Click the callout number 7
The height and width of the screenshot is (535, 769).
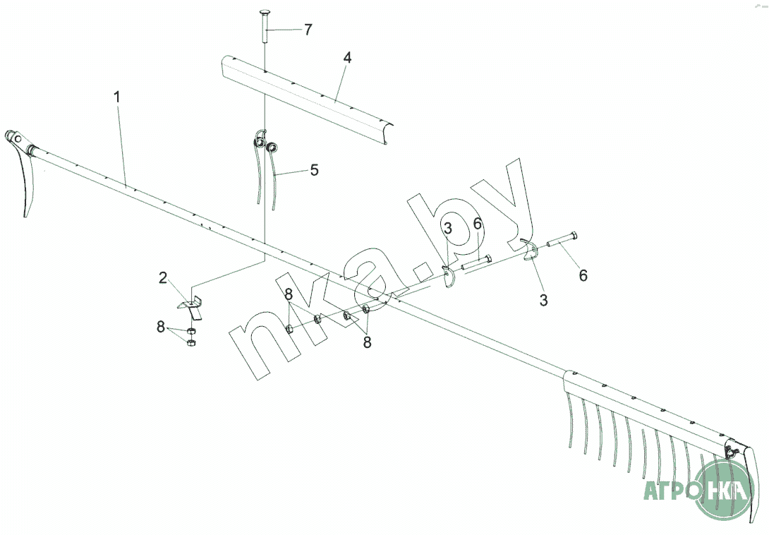[x=308, y=30]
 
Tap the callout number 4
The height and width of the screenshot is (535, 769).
[x=347, y=58]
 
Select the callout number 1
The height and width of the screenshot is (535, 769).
[x=116, y=97]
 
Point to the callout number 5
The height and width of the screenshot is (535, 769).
[x=314, y=170]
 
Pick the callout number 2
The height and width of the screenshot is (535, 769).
[x=163, y=278]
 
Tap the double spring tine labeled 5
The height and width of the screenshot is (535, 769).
[x=265, y=167]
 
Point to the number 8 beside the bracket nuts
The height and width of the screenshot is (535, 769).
[x=161, y=327]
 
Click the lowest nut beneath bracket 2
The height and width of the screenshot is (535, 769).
[x=191, y=342]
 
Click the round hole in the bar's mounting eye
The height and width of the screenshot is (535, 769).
[x=18, y=139]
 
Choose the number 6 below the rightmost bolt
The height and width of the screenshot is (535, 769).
[x=583, y=275]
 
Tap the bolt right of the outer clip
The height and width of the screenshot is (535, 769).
[x=562, y=239]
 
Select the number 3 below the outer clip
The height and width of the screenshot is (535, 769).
[x=543, y=300]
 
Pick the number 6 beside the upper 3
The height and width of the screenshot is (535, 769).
[x=478, y=224]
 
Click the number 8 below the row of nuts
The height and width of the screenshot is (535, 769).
[x=367, y=342]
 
